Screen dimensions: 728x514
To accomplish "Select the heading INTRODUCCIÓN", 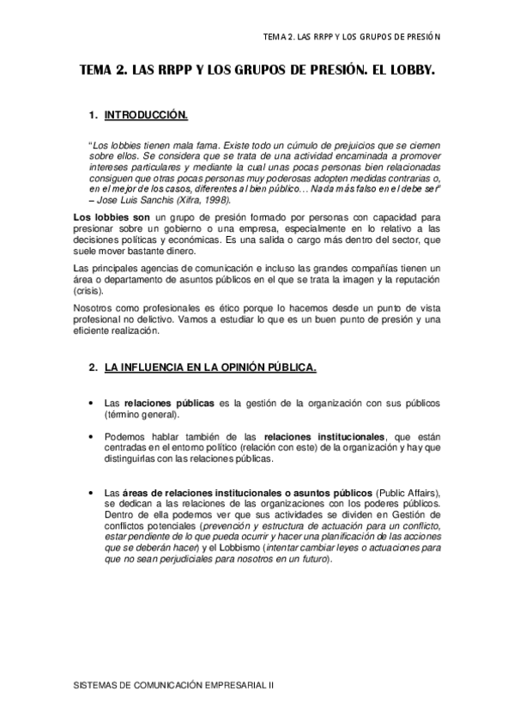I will pos(146,114).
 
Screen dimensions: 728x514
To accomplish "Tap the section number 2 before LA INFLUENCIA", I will pos(92,367).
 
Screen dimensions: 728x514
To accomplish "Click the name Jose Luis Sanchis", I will pos(136,199).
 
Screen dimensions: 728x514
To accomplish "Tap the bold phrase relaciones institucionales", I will pos(325,436).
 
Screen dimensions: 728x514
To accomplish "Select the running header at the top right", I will pos(352,36).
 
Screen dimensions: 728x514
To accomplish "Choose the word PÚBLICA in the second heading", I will pos(288,367).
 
